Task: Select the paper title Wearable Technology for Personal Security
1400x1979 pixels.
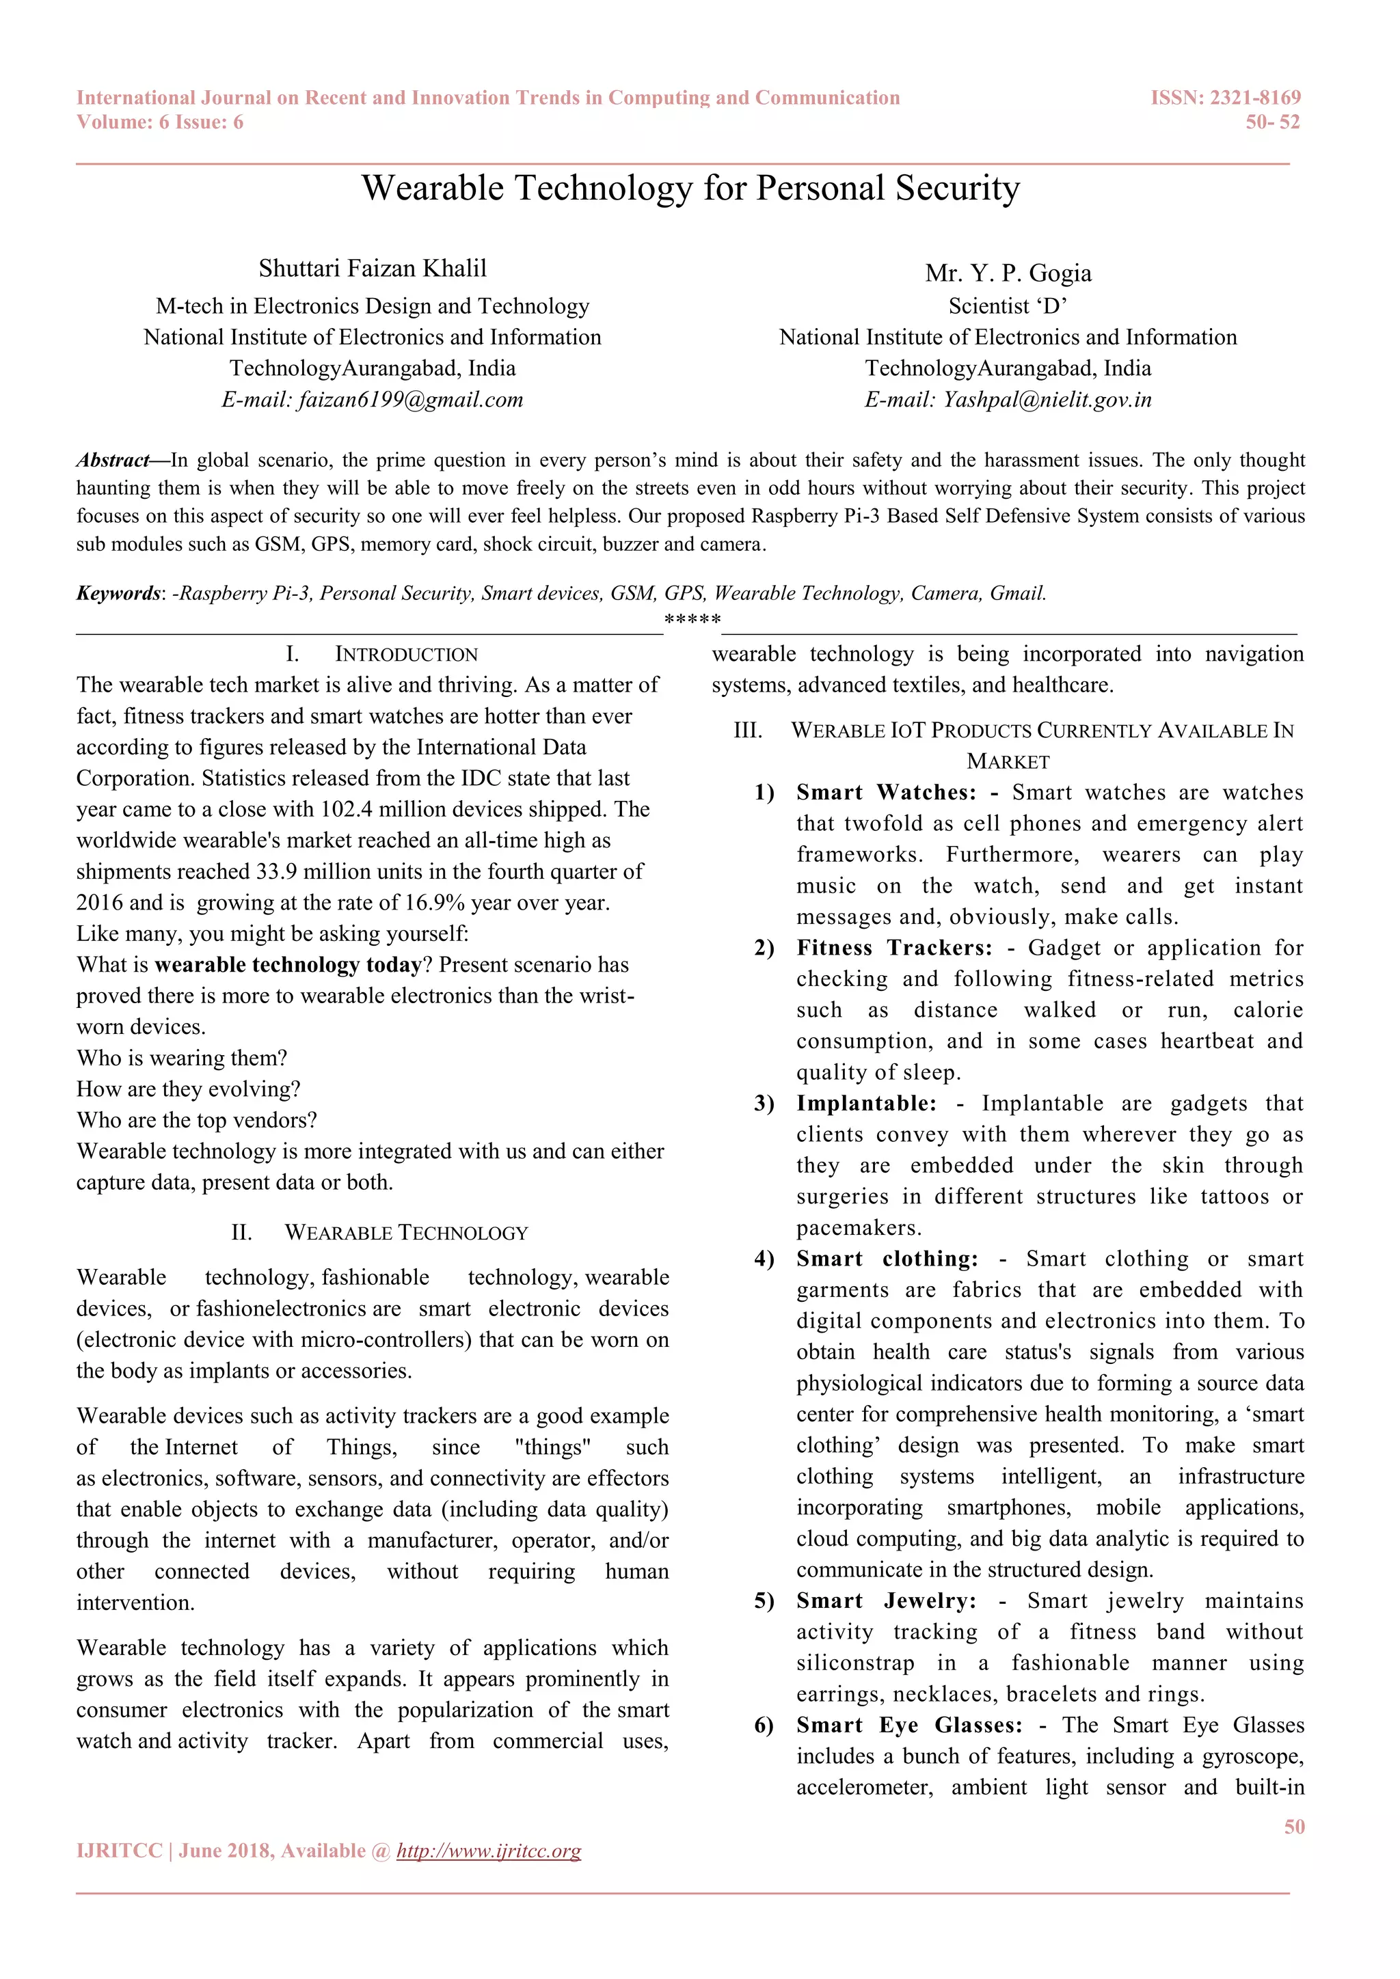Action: pos(690,189)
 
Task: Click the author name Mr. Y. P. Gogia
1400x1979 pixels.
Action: pos(1008,273)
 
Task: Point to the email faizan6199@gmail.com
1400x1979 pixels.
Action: pos(410,400)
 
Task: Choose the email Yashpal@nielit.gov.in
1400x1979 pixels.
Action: pos(1047,400)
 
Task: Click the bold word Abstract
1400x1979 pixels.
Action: pos(113,461)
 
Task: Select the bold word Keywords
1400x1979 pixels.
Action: pos(118,593)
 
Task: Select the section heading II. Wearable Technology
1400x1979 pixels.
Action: pos(379,1233)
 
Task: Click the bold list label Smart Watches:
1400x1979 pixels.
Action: pos(885,792)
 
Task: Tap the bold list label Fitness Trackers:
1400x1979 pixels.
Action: pos(893,947)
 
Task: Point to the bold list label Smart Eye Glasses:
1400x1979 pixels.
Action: pos(908,1725)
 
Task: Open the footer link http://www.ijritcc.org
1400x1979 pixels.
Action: pos(488,1851)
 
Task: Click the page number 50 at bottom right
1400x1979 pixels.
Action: pos(1293,1827)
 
